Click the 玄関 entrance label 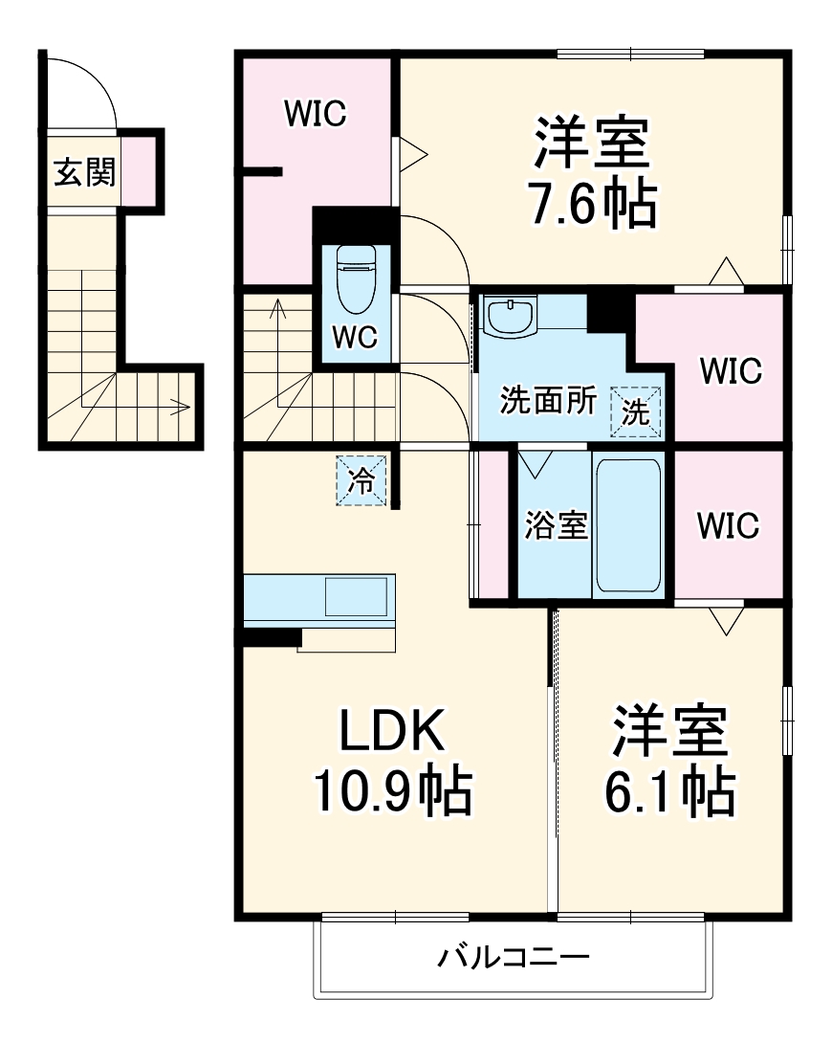84,172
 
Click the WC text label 355,337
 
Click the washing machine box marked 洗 636,412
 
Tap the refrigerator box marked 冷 361,479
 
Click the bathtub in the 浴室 628,525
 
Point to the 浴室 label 556,525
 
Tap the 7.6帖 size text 594,203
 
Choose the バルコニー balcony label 514,956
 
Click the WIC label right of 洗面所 730,370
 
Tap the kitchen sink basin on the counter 357,597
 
